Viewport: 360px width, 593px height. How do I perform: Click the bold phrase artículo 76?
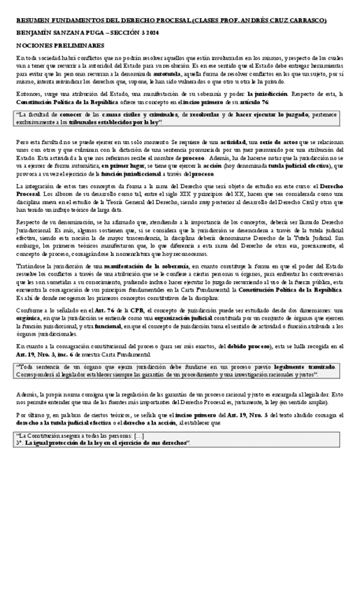click(255, 102)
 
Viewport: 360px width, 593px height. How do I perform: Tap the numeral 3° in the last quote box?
click(19, 443)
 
